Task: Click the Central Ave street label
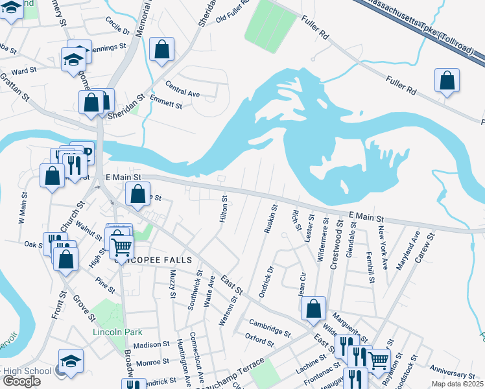point(182,93)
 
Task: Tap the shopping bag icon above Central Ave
point(161,49)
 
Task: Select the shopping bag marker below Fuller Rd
point(447,81)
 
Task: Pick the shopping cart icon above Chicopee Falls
point(121,246)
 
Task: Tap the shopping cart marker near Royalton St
point(378,359)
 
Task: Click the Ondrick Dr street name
point(266,281)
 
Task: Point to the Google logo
point(21,381)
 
